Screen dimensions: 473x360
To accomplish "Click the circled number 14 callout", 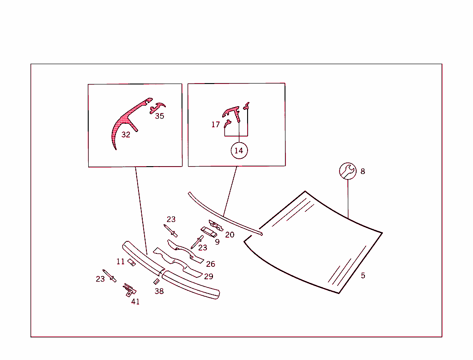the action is pyautogui.click(x=239, y=150).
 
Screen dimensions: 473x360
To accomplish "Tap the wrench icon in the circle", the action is pyautogui.click(x=348, y=171).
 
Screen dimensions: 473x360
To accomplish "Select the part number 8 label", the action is pyautogui.click(x=363, y=172).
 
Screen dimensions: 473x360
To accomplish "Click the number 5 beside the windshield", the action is pyautogui.click(x=363, y=276).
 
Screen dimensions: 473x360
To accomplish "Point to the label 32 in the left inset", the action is pyautogui.click(x=126, y=135).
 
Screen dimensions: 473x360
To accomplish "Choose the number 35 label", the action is pyautogui.click(x=159, y=116).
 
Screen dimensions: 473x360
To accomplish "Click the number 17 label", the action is pyautogui.click(x=215, y=125).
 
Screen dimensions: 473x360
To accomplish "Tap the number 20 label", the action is pyautogui.click(x=230, y=234).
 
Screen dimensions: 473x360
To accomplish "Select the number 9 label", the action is pyautogui.click(x=217, y=242).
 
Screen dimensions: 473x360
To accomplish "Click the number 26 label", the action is pyautogui.click(x=211, y=264).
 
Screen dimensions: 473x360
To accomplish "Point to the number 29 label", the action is pyautogui.click(x=208, y=276).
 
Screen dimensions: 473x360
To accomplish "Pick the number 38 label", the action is pyautogui.click(x=159, y=291).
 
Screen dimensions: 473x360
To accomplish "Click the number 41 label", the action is pyautogui.click(x=135, y=301).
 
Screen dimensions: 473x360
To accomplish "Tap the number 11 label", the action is pyautogui.click(x=121, y=261).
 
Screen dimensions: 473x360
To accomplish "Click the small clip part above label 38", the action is pyautogui.click(x=156, y=282).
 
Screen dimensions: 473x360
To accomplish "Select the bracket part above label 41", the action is pyautogui.click(x=129, y=290).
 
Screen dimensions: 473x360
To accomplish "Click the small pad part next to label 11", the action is pyautogui.click(x=132, y=263).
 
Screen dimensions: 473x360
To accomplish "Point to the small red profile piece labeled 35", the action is pyautogui.click(x=157, y=108).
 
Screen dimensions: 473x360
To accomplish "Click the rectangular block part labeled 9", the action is pyautogui.click(x=209, y=232).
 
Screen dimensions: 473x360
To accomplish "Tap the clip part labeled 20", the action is pyautogui.click(x=216, y=225).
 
